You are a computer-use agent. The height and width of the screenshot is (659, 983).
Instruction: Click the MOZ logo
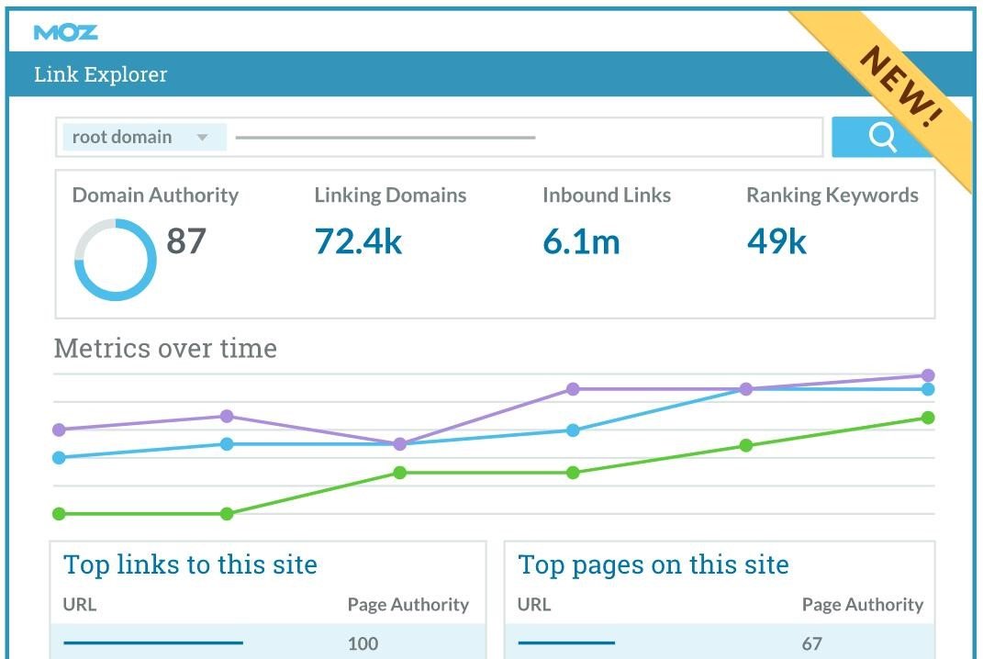[x=65, y=33]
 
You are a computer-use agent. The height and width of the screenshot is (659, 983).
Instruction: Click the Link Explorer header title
[x=101, y=74]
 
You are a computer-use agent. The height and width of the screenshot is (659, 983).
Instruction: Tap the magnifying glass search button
[x=882, y=137]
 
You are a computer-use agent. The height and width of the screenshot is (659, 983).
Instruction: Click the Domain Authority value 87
[x=186, y=241]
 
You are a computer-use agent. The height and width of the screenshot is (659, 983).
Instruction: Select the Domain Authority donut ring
[x=115, y=260]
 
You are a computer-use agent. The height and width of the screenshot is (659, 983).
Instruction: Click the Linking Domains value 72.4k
[x=358, y=241]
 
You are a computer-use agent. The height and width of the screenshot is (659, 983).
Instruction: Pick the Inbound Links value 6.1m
[x=581, y=241]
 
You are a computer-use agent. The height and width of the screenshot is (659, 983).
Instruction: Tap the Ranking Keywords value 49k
[x=776, y=241]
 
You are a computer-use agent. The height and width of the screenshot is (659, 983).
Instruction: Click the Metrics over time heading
[x=165, y=349]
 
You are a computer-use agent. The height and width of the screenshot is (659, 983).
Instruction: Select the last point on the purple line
[x=928, y=375]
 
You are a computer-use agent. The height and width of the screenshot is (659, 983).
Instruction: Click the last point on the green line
[x=928, y=418]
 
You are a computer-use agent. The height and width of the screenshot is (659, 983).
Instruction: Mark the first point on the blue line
[x=60, y=457]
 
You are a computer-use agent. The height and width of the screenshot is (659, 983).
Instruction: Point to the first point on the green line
[x=60, y=514]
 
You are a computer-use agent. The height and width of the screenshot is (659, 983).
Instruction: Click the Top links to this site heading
[x=190, y=564]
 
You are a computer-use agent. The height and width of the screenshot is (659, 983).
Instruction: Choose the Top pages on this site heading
[x=653, y=564]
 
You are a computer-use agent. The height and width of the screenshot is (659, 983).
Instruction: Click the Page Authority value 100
[x=363, y=643]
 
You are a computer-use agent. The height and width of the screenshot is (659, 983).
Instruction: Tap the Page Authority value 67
[x=811, y=643]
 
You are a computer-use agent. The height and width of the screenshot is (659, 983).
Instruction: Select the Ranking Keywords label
[x=832, y=195]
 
